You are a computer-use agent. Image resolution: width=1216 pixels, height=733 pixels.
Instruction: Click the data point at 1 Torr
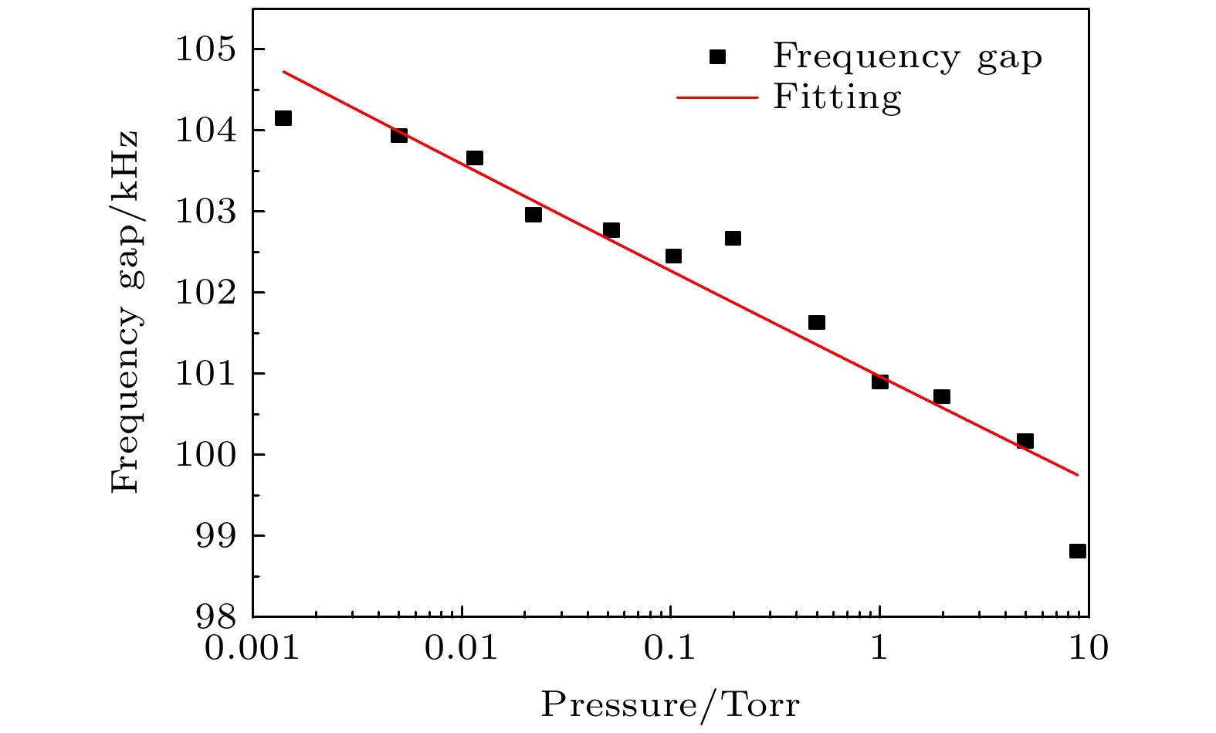point(880,381)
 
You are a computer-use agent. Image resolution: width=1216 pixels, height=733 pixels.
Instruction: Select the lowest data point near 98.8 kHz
point(1078,551)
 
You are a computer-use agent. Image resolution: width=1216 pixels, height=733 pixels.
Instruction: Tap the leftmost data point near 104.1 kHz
point(283,118)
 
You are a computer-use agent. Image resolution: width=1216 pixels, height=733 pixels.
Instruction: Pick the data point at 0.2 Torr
point(733,238)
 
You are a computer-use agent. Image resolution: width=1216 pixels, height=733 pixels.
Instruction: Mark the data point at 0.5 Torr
point(817,322)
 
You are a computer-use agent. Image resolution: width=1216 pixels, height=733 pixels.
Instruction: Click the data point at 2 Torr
point(942,396)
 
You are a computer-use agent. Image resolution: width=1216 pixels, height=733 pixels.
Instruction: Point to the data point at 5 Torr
point(1025,441)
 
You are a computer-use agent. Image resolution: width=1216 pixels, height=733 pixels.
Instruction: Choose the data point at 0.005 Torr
point(399,135)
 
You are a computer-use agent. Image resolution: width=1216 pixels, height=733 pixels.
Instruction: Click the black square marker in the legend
point(718,56)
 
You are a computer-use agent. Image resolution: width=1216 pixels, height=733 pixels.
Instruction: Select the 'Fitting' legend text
point(837,97)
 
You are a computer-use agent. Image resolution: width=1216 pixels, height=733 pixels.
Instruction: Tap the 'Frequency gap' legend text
point(908,56)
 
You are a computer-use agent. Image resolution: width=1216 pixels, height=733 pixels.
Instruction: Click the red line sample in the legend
point(718,97)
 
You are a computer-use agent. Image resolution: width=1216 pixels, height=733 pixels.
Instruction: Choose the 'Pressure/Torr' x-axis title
point(670,704)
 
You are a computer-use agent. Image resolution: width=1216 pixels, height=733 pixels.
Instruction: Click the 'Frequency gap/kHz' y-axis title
point(125,311)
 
